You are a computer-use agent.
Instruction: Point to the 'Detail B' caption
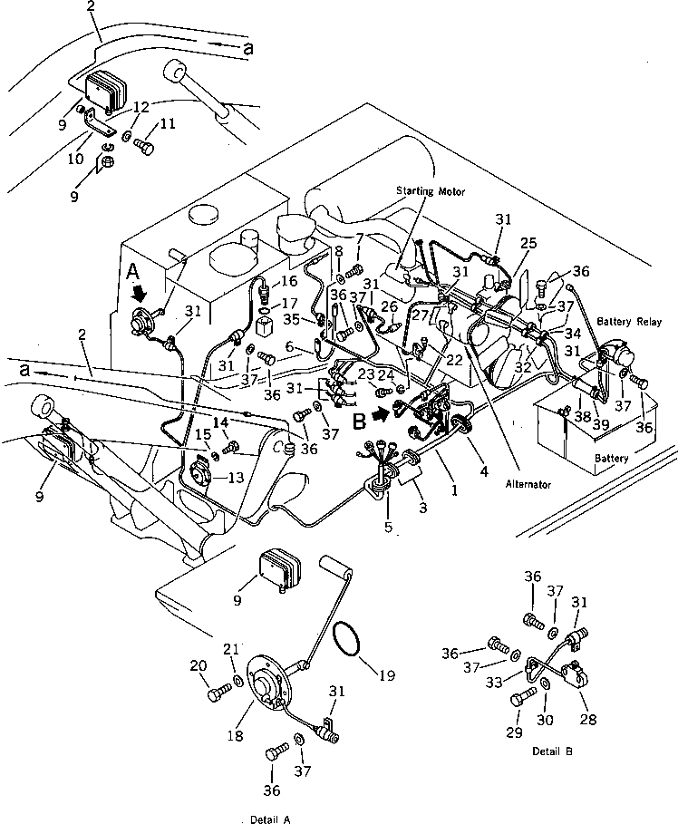tap(552, 751)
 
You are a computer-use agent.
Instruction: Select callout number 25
tap(529, 243)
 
